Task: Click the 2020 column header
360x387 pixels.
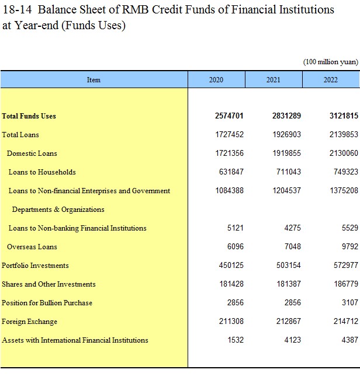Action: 216,80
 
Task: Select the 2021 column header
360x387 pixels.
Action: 274,80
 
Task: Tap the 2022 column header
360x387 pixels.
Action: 331,80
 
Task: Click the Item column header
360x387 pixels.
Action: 94,80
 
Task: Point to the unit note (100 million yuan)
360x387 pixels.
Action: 331,62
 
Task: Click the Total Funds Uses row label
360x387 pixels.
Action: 29,116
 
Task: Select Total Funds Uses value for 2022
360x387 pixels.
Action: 344,116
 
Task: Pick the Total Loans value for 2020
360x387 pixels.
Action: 230,134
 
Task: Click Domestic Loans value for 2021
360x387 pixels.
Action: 287,154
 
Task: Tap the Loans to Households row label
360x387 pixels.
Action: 42,172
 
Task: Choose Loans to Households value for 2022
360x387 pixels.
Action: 346,172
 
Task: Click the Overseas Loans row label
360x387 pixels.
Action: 32,247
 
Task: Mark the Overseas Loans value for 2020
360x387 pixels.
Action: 236,246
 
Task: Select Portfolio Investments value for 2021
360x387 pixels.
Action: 289,266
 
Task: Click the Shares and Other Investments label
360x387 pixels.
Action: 49,284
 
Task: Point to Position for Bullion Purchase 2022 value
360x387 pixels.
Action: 350,302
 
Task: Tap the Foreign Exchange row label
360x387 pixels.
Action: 29,322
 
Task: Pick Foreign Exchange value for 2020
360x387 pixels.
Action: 231,322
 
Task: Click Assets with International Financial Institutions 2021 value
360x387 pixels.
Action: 293,340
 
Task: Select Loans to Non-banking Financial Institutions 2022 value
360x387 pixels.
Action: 350,228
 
